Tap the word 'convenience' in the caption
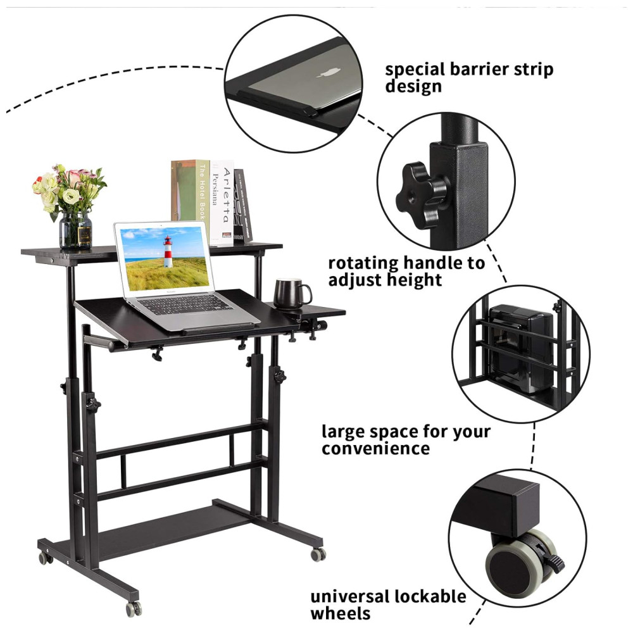coord(375,449)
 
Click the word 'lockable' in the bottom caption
coord(430,597)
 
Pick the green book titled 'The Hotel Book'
coord(190,191)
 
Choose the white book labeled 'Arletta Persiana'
coord(222,203)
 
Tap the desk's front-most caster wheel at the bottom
coord(134,608)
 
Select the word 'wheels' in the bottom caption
coord(341,613)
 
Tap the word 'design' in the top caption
coord(413,87)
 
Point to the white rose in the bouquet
coord(71,197)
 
